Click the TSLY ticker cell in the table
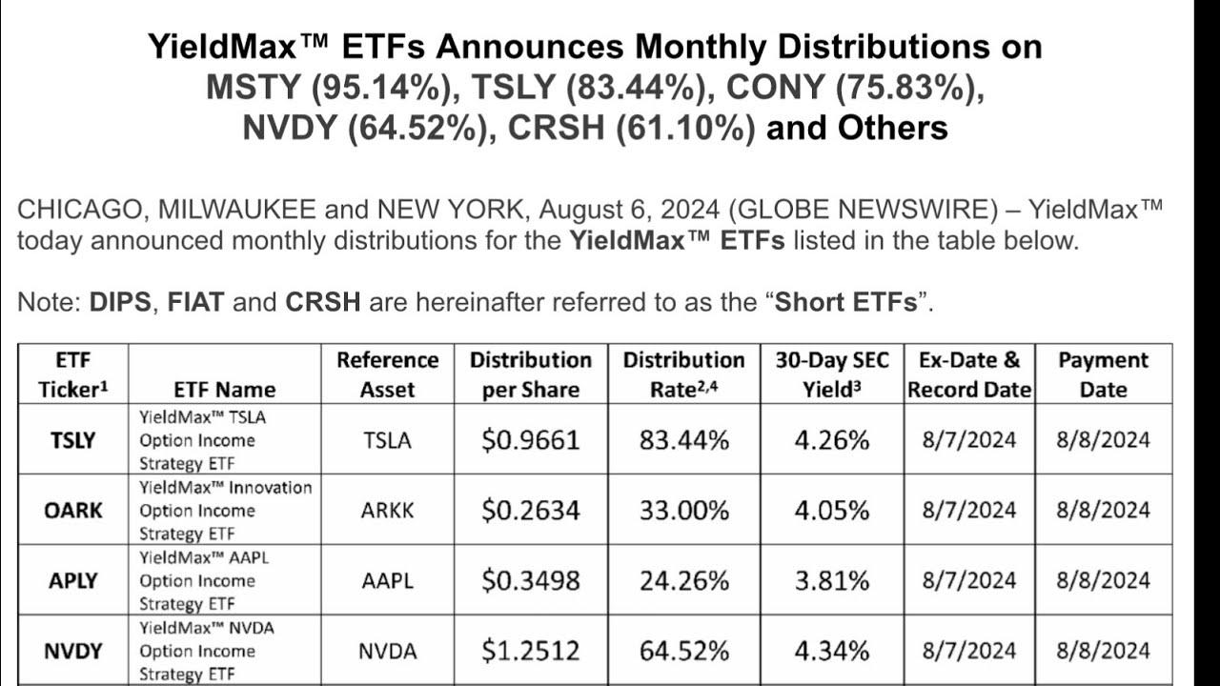pyautogui.click(x=72, y=440)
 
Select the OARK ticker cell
pyautogui.click(x=73, y=511)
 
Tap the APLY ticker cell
pyautogui.click(x=73, y=581)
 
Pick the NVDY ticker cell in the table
pyautogui.click(x=73, y=652)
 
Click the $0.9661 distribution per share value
pyautogui.click(x=530, y=440)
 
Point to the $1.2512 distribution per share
pyautogui.click(x=530, y=652)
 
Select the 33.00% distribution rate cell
pyautogui.click(x=683, y=511)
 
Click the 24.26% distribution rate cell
pyautogui.click(x=683, y=581)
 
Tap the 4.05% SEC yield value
pyautogui.click(x=831, y=511)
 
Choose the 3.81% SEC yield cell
pyautogui.click(x=831, y=581)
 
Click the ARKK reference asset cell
pyautogui.click(x=387, y=511)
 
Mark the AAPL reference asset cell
pyautogui.click(x=387, y=581)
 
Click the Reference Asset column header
pyautogui.click(x=387, y=374)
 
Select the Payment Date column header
pyautogui.click(x=1104, y=374)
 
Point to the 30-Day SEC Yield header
pyautogui.click(x=831, y=374)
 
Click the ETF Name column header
pyautogui.click(x=225, y=389)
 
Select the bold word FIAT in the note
pyautogui.click(x=195, y=303)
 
